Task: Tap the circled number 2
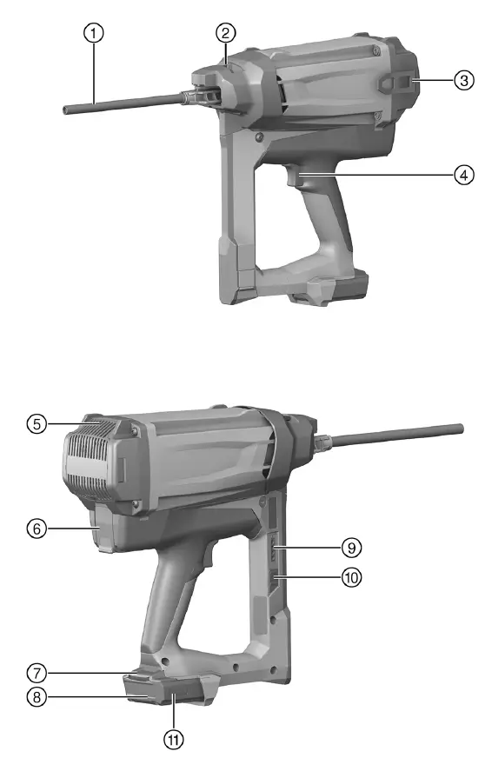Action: pyautogui.click(x=225, y=34)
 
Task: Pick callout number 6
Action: pyautogui.click(x=34, y=529)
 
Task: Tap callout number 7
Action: pyautogui.click(x=34, y=673)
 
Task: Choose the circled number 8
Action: pyautogui.click(x=34, y=696)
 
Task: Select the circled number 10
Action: pyautogui.click(x=352, y=575)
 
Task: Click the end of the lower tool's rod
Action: pyautogui.click(x=457, y=429)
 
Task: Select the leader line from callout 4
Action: pyautogui.click(x=382, y=174)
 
